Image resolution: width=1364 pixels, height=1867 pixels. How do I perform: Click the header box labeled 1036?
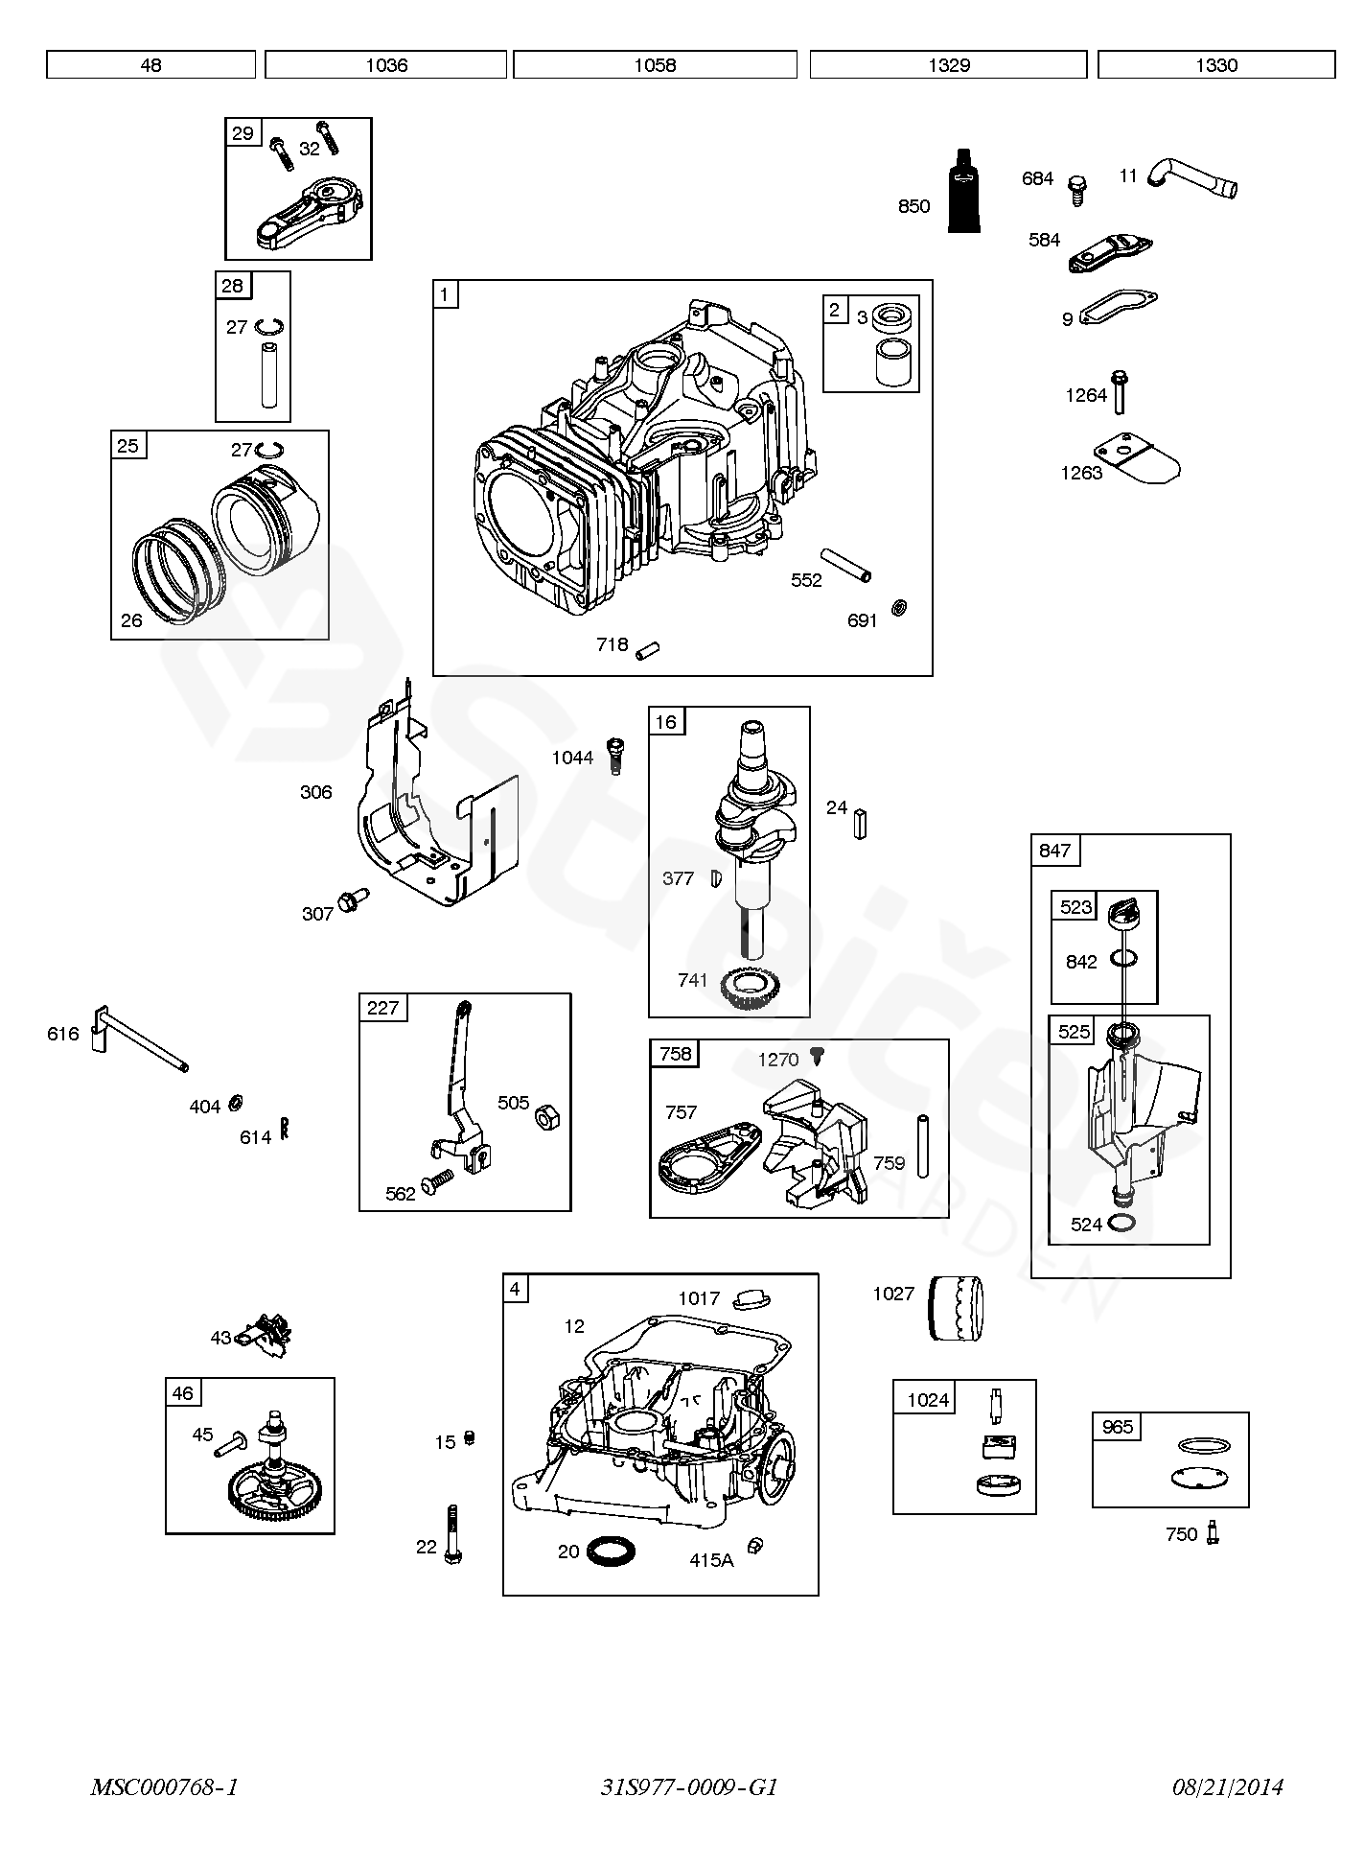pos(385,65)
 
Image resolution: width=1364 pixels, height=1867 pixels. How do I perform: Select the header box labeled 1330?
pos(1216,65)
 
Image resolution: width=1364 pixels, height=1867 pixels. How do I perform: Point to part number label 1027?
pos(893,1294)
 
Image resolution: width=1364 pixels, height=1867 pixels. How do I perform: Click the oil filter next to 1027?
pos(956,1308)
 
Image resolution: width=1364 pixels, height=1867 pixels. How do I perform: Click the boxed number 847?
pos(1054,851)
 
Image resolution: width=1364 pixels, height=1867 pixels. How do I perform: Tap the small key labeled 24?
pos(862,824)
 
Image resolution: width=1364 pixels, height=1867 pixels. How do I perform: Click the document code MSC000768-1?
pos(164,1786)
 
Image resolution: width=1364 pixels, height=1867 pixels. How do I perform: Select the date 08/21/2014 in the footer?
pos(1227,1786)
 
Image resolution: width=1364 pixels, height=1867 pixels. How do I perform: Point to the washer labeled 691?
pos(899,607)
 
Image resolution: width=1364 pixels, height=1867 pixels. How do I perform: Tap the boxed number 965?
pos(1118,1427)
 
